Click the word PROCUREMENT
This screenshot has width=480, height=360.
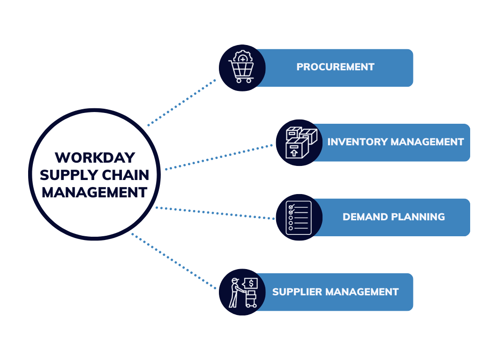[335, 67]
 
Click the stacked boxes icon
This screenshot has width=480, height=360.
[299, 142]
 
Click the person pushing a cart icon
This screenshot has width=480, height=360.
[242, 292]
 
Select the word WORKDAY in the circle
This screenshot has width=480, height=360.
[94, 157]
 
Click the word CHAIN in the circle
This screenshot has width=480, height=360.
[126, 175]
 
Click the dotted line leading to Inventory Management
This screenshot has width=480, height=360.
[219, 157]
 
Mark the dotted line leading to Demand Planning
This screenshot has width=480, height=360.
[216, 213]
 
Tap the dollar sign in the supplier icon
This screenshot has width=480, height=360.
[251, 283]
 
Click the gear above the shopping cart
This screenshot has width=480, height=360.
[243, 58]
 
